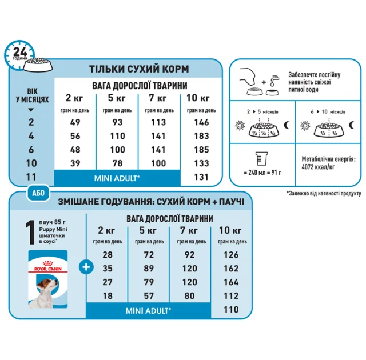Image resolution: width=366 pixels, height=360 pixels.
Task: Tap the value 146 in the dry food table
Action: point(202,122)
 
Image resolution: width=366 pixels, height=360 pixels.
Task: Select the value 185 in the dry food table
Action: point(202,149)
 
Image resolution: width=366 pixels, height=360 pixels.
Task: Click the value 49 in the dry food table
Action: point(75,122)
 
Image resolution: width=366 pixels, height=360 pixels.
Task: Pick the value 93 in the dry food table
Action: point(118,122)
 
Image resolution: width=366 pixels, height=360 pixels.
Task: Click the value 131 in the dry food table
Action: point(202,176)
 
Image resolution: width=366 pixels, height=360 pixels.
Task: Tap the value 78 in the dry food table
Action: point(118,162)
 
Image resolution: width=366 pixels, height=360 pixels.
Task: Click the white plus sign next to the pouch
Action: point(85,267)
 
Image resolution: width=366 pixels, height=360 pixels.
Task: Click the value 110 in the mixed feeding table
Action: point(230,310)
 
